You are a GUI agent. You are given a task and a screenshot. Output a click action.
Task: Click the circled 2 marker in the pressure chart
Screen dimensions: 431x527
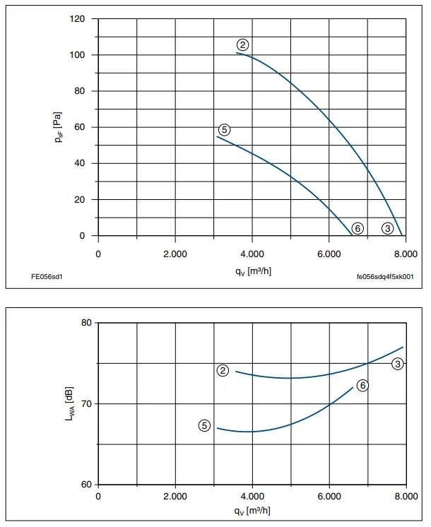click(243, 45)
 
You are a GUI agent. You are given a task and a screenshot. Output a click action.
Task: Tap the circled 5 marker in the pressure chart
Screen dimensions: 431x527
click(224, 129)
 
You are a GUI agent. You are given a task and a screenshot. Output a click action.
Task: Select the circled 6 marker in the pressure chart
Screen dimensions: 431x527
click(358, 229)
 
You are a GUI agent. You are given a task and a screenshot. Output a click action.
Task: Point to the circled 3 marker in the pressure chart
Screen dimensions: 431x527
click(388, 229)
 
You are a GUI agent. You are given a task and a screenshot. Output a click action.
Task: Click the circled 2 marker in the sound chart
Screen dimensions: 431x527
click(223, 370)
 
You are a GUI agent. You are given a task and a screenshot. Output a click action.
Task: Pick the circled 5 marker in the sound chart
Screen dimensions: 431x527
click(204, 425)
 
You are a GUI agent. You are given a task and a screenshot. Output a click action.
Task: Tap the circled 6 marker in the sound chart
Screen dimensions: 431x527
click(362, 385)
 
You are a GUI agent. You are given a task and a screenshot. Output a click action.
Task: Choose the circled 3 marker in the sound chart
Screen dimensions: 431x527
click(398, 364)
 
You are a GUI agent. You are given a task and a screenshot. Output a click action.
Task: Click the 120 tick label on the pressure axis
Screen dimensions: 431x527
click(77, 19)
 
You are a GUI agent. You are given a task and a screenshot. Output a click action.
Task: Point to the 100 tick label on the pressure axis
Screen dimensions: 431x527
click(77, 55)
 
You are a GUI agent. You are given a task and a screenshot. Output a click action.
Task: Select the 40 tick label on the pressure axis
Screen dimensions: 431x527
click(80, 163)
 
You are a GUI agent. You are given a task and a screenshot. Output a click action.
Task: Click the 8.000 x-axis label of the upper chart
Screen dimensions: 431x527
click(406, 254)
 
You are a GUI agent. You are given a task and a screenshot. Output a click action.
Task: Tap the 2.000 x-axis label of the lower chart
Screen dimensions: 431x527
click(175, 497)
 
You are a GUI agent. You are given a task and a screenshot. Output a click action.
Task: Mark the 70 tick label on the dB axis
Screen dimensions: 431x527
click(86, 403)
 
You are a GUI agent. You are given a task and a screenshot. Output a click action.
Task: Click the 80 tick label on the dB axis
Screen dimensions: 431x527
click(86, 323)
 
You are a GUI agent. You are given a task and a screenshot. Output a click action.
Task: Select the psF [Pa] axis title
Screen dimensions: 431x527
click(58, 127)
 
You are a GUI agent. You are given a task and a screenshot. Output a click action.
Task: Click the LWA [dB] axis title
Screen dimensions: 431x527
click(69, 403)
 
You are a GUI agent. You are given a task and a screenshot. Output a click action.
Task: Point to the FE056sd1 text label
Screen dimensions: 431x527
click(47, 277)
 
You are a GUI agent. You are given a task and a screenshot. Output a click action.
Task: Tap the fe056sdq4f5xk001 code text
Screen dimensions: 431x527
click(385, 277)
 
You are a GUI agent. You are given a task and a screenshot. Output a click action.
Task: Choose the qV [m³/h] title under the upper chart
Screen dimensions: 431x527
click(253, 271)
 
